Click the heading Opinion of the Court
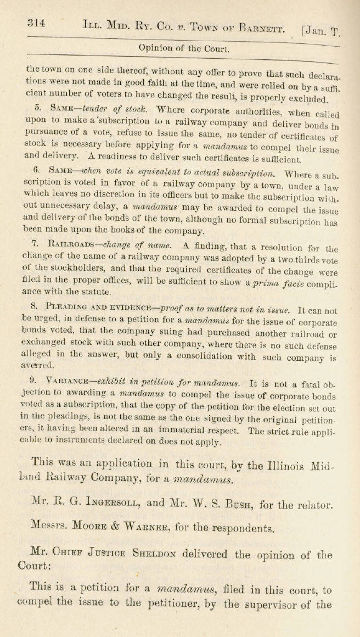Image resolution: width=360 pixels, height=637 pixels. (x=184, y=48)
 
